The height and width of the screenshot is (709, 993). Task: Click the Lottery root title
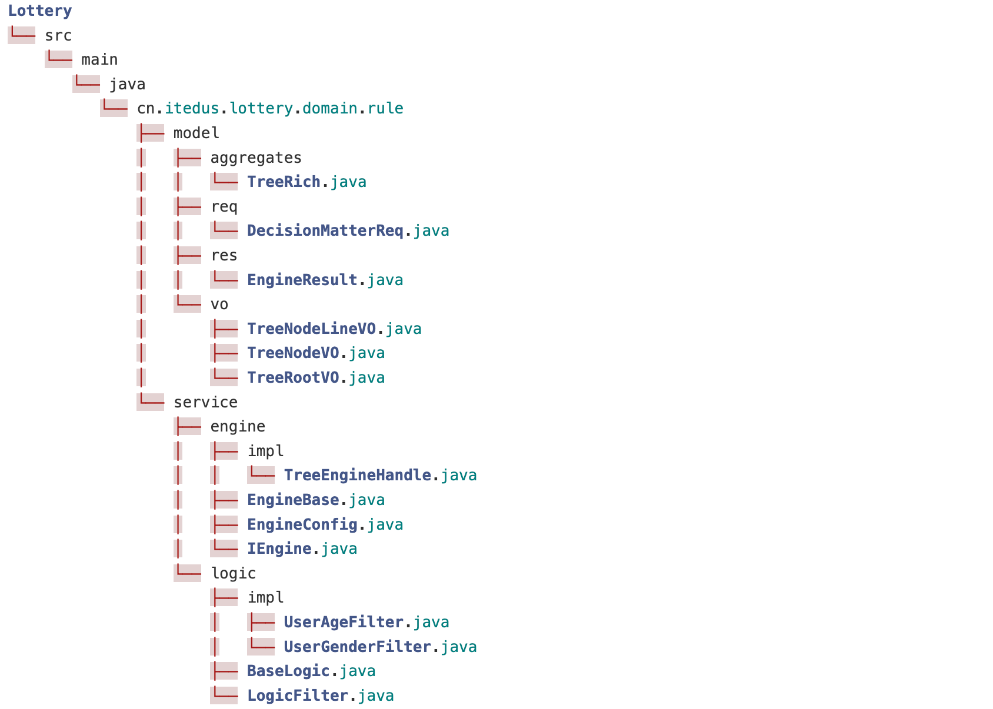click(39, 11)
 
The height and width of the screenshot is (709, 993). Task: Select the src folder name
click(58, 35)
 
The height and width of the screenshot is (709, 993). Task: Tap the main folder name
click(99, 59)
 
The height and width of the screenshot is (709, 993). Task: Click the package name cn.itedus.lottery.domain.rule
click(270, 108)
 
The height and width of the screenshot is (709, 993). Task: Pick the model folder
click(196, 133)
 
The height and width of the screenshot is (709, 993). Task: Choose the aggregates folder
click(256, 158)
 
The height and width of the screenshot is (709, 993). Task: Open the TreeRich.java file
click(306, 182)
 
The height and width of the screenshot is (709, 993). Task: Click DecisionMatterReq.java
click(348, 230)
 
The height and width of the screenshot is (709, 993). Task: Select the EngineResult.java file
click(325, 280)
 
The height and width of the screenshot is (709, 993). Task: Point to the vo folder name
click(219, 304)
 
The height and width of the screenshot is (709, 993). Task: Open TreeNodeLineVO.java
click(334, 329)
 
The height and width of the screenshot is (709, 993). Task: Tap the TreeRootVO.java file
click(316, 377)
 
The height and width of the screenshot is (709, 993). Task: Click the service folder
click(205, 402)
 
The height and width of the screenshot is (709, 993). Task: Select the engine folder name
click(238, 426)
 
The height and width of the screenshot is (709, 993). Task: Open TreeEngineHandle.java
click(380, 475)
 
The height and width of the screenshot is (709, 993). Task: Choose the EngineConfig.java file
click(325, 524)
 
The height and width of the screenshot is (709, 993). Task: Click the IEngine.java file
click(302, 549)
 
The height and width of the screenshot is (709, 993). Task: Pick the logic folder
click(234, 573)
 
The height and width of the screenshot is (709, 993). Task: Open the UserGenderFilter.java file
click(380, 647)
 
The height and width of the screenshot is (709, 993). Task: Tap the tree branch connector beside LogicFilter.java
click(224, 695)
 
